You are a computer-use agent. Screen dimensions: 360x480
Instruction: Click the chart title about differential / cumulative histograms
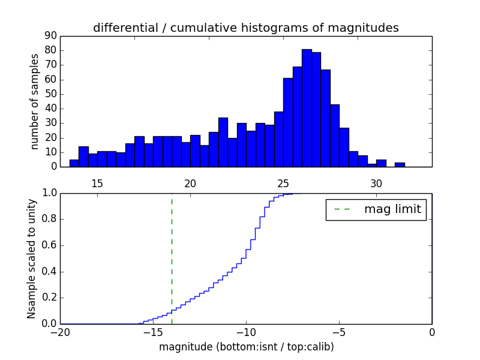(x=245, y=28)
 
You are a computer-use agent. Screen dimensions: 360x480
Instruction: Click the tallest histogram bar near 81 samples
(x=307, y=108)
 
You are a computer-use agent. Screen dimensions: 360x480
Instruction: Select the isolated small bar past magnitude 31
(x=400, y=164)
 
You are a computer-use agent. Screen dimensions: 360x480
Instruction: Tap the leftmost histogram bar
(x=74, y=163)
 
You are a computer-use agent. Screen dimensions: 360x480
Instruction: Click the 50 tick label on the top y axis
(x=50, y=94)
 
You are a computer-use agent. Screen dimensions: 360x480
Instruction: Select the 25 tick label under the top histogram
(x=283, y=184)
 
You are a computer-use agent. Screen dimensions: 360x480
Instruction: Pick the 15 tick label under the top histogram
(x=97, y=184)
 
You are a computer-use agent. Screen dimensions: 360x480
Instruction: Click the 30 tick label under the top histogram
(x=376, y=184)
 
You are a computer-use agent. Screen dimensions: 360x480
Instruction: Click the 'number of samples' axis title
(x=35, y=101)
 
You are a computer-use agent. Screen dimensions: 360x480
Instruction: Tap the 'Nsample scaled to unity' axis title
(x=31, y=259)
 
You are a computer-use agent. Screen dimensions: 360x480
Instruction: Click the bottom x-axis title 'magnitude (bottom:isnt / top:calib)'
(x=246, y=347)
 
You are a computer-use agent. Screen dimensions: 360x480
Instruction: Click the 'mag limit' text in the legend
(x=392, y=209)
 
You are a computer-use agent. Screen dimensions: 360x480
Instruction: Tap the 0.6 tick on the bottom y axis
(x=48, y=245)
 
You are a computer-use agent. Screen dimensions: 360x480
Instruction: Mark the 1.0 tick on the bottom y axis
(x=48, y=193)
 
